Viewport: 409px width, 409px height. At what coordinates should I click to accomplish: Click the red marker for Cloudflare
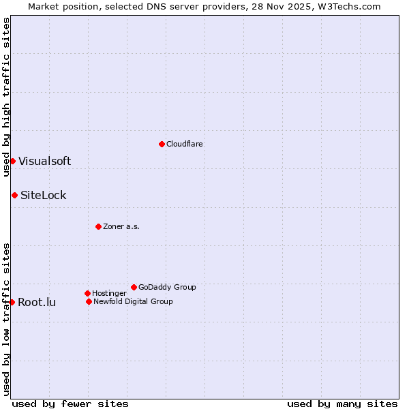(x=162, y=144)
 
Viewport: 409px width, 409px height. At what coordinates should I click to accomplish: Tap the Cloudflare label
(x=185, y=145)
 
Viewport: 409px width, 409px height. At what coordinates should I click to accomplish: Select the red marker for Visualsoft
(x=12, y=161)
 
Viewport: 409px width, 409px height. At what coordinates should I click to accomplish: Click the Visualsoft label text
(x=44, y=162)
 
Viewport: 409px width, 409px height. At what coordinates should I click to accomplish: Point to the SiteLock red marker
(x=14, y=195)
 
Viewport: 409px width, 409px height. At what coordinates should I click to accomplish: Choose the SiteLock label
(x=44, y=196)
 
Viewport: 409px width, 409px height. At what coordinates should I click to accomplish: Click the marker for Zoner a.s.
(x=98, y=226)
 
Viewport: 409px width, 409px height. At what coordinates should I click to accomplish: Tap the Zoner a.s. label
(x=121, y=227)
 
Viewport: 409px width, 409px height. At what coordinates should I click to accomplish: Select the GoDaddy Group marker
(x=134, y=287)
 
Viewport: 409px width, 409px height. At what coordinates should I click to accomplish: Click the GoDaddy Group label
(x=167, y=288)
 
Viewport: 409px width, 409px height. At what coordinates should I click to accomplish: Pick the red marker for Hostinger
(x=87, y=293)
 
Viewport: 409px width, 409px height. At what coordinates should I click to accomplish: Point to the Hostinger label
(x=109, y=294)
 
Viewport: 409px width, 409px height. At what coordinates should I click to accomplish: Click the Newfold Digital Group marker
(x=89, y=301)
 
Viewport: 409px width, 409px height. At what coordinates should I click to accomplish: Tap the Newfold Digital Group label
(x=133, y=302)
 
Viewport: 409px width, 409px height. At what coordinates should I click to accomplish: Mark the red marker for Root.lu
(x=12, y=302)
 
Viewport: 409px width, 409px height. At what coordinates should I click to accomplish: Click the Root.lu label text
(x=37, y=303)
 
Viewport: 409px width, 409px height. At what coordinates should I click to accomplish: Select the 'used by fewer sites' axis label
(x=70, y=404)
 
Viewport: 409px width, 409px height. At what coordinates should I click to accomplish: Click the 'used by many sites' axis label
(x=342, y=404)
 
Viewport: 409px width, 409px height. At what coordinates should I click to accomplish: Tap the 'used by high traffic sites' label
(x=6, y=97)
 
